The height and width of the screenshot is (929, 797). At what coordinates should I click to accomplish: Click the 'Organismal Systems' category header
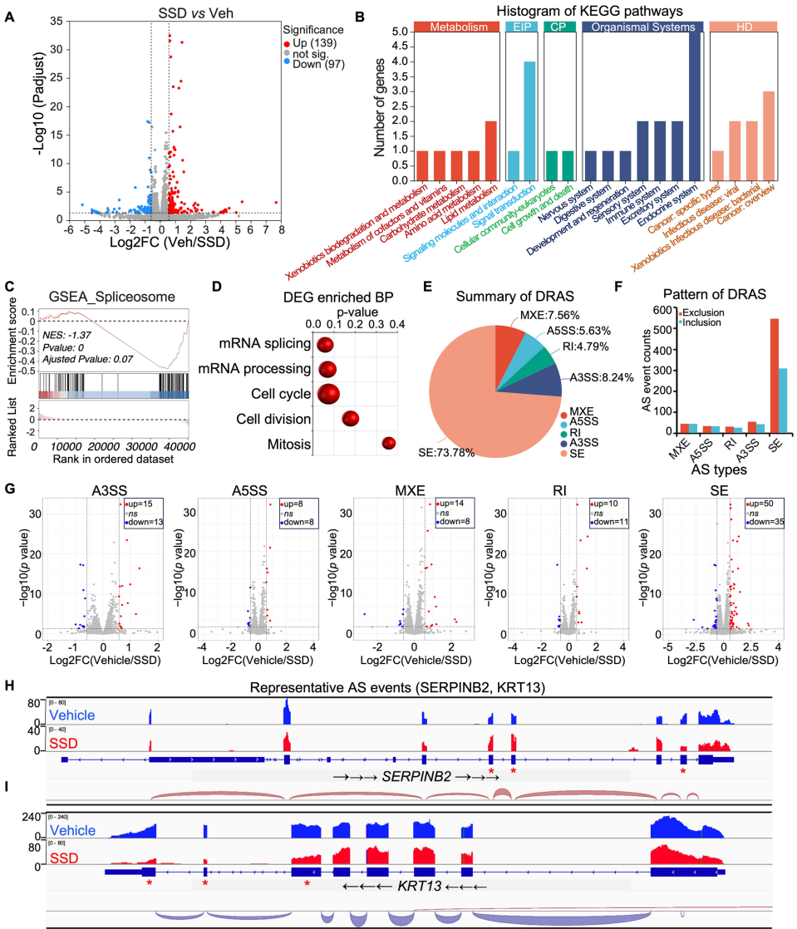[638, 27]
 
